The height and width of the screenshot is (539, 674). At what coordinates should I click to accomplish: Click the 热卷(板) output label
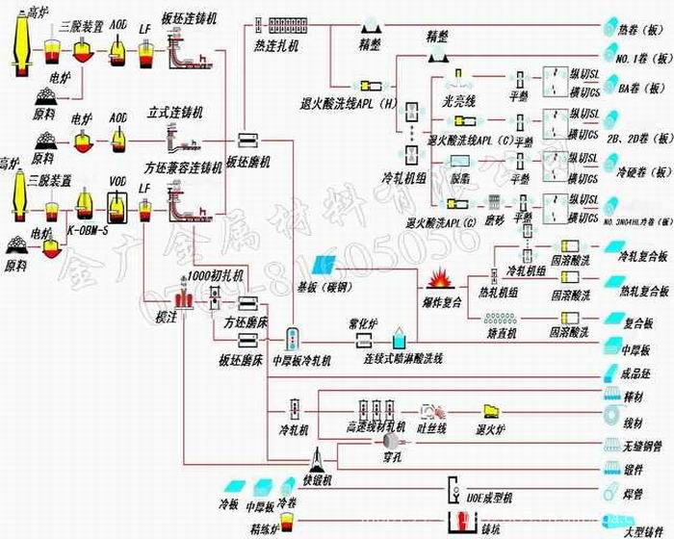[x=636, y=31]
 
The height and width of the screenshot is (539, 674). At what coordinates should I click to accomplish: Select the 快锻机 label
[x=315, y=478]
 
